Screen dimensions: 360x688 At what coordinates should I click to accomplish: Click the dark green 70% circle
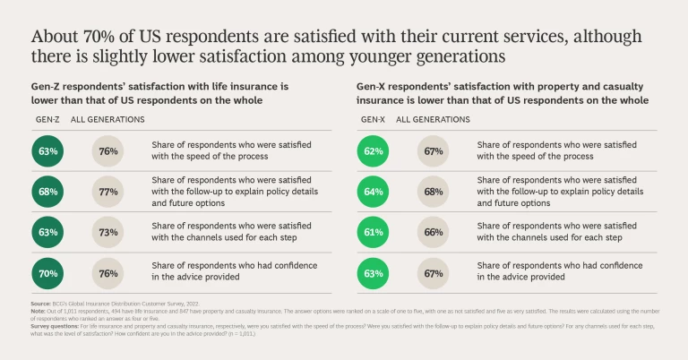tap(47, 272)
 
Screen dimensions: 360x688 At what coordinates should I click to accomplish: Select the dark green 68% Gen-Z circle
tap(47, 191)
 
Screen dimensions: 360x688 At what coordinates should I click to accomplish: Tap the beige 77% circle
tap(108, 191)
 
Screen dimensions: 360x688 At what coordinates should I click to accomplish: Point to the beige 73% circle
tap(108, 232)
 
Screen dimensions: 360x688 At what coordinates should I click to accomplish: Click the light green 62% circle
tap(373, 150)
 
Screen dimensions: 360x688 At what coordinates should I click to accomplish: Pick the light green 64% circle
tap(373, 191)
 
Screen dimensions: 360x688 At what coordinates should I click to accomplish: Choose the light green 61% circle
tap(373, 232)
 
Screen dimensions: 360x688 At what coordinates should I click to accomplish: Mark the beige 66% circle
tap(434, 232)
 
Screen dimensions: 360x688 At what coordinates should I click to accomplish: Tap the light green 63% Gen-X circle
tap(373, 272)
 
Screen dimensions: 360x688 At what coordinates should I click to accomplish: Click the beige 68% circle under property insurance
tap(434, 191)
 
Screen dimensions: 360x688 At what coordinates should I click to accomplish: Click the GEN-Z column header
tap(47, 119)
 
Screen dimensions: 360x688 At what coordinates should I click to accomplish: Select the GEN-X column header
tap(373, 119)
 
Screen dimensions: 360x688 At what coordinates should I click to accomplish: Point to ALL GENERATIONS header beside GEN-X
tap(433, 119)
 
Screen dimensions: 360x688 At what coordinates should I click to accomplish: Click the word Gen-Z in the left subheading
tap(49, 86)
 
